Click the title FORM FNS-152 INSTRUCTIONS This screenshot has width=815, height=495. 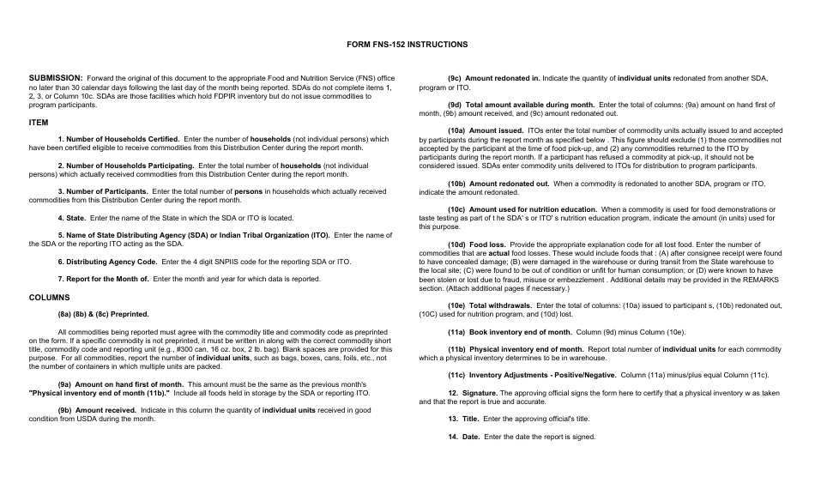click(x=407, y=44)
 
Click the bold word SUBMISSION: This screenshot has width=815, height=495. click(x=56, y=77)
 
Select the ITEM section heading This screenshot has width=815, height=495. click(x=39, y=122)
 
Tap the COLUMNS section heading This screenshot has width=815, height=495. click(x=49, y=298)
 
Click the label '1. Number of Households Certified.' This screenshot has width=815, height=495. click(x=118, y=139)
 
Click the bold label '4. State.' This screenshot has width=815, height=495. click(x=71, y=218)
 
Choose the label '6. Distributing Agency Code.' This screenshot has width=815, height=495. click(x=107, y=261)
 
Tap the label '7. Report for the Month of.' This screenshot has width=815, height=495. click(x=103, y=278)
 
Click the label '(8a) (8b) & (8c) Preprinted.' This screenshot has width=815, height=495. click(x=103, y=314)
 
